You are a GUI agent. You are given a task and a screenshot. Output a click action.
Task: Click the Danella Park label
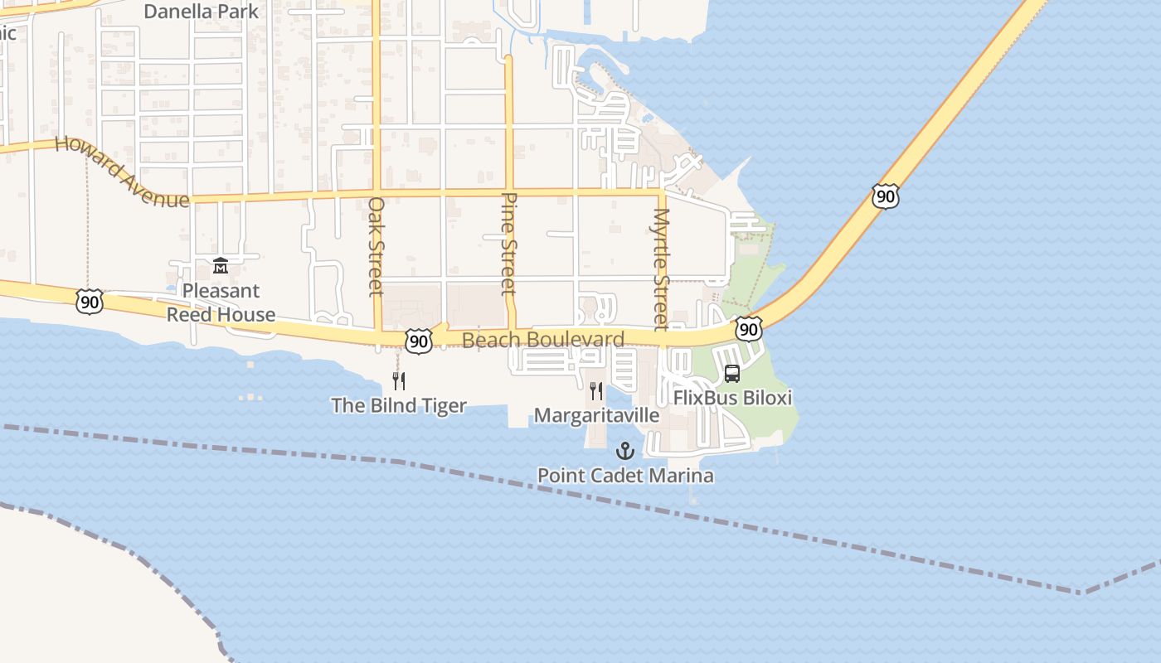202,12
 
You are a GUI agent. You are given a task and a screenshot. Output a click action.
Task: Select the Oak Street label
376,246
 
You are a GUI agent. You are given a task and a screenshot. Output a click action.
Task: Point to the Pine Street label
509,244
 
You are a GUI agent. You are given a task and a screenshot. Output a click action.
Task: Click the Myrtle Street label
661,269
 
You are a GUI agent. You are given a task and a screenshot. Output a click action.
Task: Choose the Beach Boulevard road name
543,340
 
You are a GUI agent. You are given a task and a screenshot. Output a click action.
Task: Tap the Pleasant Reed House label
221,302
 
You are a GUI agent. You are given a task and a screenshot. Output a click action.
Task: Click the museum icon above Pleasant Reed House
221,266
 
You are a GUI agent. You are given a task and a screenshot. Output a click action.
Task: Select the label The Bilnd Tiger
399,405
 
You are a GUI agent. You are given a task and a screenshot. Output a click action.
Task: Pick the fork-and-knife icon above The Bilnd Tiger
399,381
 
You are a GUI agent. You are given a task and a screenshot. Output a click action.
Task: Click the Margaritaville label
596,415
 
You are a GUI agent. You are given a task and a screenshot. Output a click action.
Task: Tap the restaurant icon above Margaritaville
596,390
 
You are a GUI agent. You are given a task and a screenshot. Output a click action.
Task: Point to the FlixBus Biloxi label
732,398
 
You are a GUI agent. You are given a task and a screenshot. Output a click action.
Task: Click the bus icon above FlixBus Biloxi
732,374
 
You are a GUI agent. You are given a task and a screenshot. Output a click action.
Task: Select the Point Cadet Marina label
625,476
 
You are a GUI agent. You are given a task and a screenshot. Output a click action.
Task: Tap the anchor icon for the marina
625,452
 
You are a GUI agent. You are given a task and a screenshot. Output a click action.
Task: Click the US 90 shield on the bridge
885,196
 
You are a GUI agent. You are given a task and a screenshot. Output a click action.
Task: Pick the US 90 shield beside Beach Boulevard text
420,340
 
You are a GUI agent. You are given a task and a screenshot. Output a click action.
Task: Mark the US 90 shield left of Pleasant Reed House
89,302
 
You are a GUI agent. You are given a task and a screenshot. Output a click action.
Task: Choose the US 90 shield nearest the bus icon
748,329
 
